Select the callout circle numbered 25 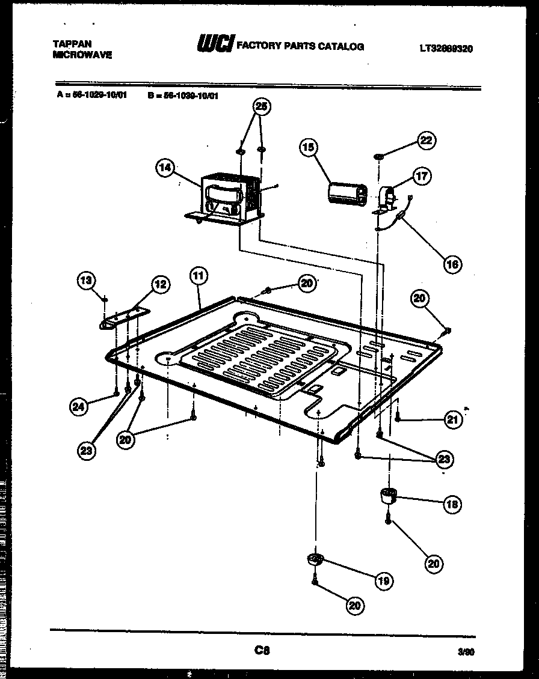260,107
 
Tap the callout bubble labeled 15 310,147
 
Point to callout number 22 426,141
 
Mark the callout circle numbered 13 87,279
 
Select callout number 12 159,284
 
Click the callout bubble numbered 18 452,504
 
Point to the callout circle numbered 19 383,580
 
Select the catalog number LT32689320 446,49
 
